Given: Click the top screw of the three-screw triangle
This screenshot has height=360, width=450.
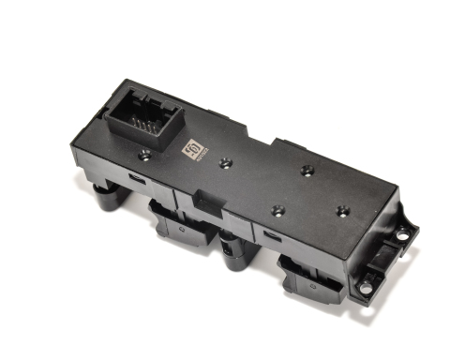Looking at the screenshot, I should (x=307, y=171).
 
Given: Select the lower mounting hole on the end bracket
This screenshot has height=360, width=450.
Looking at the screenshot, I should (x=366, y=288).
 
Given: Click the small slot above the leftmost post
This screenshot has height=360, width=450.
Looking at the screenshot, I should (x=136, y=177).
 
